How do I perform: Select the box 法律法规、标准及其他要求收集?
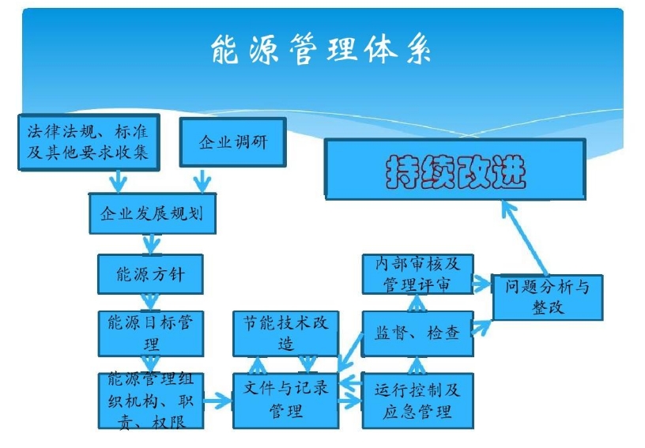click(x=88, y=141)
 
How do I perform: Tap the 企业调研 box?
click(x=232, y=142)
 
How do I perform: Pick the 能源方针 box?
click(x=150, y=274)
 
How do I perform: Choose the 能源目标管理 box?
click(x=150, y=333)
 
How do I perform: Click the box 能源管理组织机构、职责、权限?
click(x=150, y=401)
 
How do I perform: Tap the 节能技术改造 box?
click(x=285, y=333)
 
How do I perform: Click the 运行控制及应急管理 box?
click(x=417, y=400)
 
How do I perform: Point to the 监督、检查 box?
click(x=417, y=333)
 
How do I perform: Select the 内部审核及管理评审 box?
click(x=417, y=274)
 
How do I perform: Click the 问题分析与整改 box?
click(x=547, y=296)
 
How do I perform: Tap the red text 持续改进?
click(x=455, y=170)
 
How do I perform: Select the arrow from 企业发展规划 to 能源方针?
click(x=149, y=243)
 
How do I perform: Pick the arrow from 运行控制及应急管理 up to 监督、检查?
click(x=417, y=364)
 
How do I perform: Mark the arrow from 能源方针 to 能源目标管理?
click(x=150, y=303)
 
